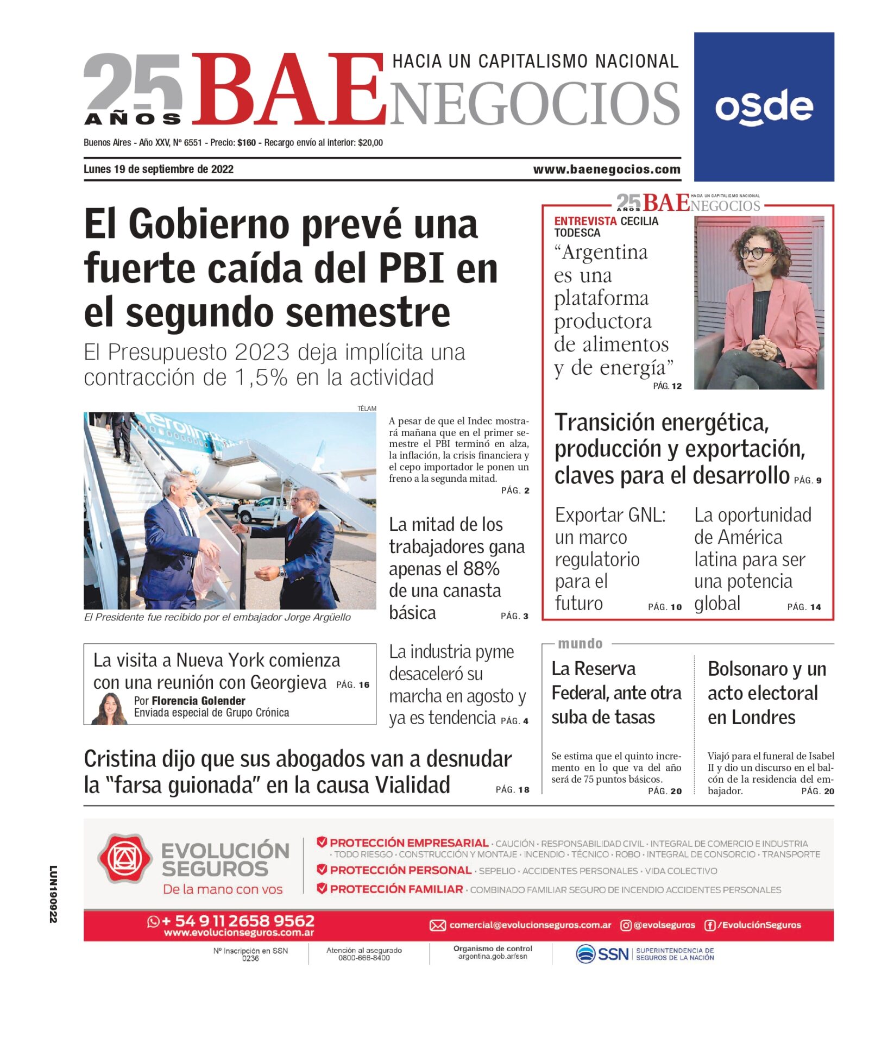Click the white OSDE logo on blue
(x=764, y=107)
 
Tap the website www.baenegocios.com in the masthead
(x=606, y=169)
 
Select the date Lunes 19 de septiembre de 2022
(x=159, y=169)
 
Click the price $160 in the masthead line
(x=247, y=143)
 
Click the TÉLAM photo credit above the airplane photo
(x=367, y=409)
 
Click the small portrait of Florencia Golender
(x=110, y=709)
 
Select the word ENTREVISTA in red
(x=585, y=221)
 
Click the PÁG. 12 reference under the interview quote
(x=667, y=386)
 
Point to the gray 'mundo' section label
(x=580, y=644)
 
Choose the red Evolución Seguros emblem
(x=124, y=858)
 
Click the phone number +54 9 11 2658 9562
(x=238, y=921)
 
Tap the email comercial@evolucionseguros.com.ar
(x=530, y=925)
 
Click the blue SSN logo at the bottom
(x=602, y=954)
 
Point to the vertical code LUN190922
(x=53, y=894)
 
